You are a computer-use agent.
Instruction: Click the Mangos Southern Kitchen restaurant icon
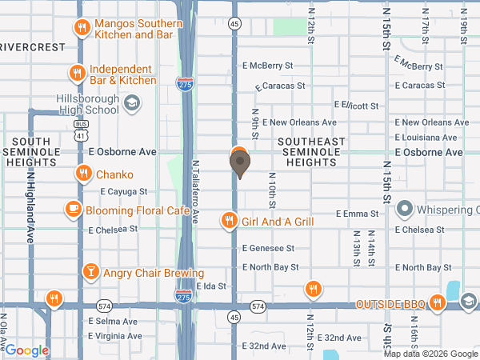(81, 29)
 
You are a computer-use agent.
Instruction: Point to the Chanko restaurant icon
(83, 174)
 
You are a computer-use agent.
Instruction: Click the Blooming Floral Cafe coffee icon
(73, 209)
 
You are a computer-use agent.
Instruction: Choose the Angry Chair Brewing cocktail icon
(91, 273)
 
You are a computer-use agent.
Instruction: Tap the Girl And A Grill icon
(230, 220)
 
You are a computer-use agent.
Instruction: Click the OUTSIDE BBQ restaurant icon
(437, 302)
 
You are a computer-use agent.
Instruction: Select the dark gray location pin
(239, 164)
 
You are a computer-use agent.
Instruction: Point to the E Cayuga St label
(124, 192)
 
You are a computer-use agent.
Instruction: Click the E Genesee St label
(269, 249)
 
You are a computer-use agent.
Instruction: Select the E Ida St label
(211, 286)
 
